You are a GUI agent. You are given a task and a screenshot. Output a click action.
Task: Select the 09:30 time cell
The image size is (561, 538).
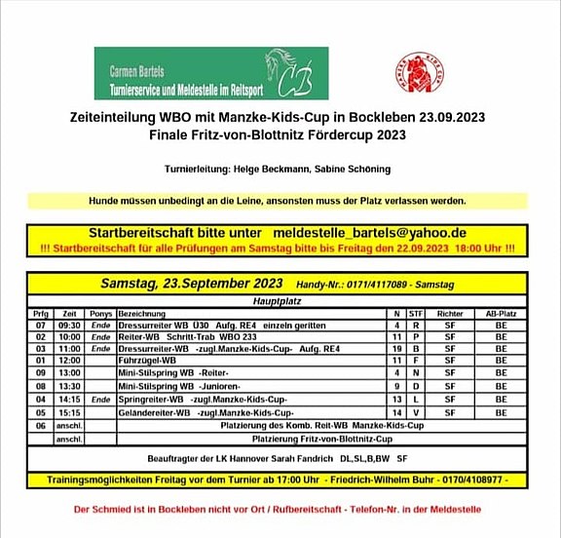[x=70, y=325]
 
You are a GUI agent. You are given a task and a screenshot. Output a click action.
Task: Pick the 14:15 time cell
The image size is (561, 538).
[x=70, y=399]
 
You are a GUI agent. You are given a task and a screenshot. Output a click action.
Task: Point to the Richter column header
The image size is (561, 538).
[x=449, y=313]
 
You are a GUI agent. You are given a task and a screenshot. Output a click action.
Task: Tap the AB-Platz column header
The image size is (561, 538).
[x=501, y=313]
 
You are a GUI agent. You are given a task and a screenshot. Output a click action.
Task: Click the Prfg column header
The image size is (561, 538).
[x=41, y=313]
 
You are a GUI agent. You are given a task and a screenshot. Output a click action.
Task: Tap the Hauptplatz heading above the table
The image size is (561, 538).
[x=276, y=302]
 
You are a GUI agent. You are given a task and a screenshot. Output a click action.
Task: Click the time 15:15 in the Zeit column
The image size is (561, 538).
[x=70, y=412]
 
